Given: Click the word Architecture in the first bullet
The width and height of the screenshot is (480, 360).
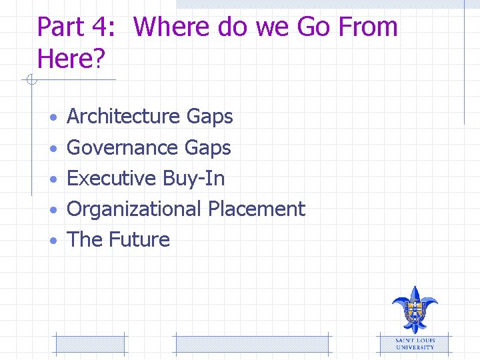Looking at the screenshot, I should [x=124, y=117].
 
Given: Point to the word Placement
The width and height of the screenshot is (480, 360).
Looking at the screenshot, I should [x=256, y=209].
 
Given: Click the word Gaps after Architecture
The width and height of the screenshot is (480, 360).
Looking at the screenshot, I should [x=209, y=117].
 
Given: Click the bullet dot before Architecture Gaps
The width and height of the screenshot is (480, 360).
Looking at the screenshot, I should [x=53, y=118].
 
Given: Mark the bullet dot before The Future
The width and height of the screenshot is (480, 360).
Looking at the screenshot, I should [x=53, y=241].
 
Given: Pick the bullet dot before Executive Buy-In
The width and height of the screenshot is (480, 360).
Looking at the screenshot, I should [x=53, y=179].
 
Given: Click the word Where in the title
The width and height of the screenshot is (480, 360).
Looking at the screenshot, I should [x=171, y=27].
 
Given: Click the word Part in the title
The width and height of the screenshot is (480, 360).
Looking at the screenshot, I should [x=61, y=27].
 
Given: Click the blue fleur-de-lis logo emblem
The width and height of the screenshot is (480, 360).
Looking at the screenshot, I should [x=415, y=309].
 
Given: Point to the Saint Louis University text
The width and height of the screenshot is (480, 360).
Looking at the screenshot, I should [x=415, y=344].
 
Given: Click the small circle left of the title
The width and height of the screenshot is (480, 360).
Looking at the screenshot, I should [x=30, y=81].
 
